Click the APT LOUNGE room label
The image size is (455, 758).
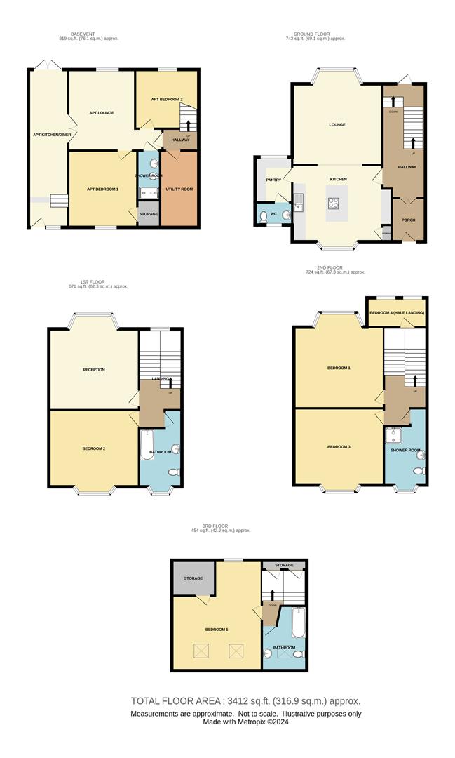click(101, 113)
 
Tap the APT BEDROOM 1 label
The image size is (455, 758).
click(102, 189)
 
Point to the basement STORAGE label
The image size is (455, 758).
click(149, 214)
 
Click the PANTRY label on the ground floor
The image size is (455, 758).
click(273, 180)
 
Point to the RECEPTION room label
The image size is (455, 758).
click(93, 370)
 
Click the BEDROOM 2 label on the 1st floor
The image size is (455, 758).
click(93, 448)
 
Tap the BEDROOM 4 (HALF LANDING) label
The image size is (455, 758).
click(397, 312)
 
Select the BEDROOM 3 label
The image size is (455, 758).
click(339, 446)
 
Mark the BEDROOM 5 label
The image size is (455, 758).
click(216, 630)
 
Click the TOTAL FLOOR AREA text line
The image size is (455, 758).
click(245, 700)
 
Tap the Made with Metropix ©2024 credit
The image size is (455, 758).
click(245, 722)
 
